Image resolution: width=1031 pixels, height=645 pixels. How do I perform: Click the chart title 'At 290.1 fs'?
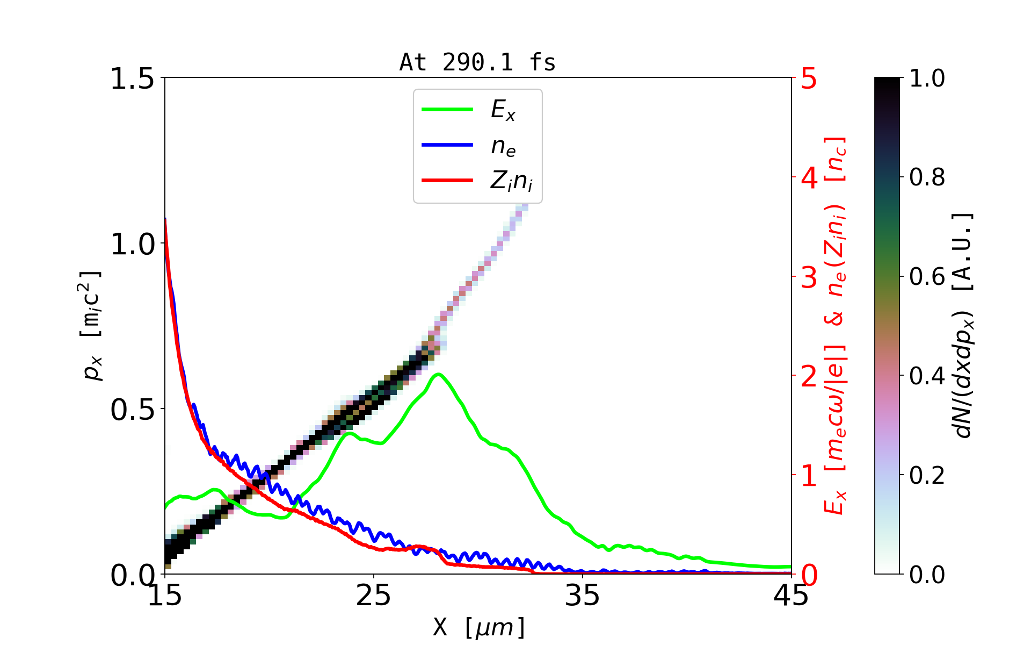[477, 62]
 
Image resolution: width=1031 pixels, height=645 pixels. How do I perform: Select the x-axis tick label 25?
[374, 596]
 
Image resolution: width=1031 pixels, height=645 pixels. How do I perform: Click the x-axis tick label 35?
[583, 596]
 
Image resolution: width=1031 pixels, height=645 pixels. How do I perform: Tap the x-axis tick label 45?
[792, 596]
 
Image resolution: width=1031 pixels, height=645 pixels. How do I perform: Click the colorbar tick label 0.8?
[927, 177]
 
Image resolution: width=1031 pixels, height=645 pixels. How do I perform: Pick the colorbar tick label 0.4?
[927, 376]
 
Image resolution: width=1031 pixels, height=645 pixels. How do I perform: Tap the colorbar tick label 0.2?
[927, 475]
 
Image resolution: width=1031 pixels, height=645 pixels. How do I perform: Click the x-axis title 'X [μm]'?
[479, 627]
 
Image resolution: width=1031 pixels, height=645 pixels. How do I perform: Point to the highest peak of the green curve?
[439, 374]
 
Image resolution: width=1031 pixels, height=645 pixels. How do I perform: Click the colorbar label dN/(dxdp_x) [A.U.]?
[963, 326]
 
